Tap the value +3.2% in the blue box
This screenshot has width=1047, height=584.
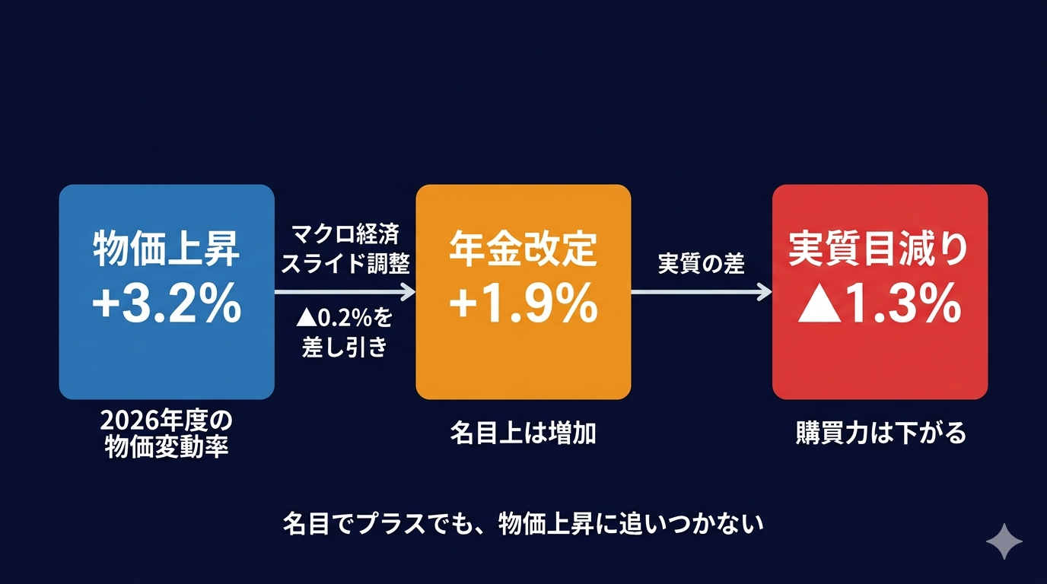pyautogui.click(x=166, y=306)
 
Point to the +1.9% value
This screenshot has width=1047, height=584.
pyautogui.click(x=523, y=306)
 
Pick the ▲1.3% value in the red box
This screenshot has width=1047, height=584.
pyautogui.click(x=879, y=306)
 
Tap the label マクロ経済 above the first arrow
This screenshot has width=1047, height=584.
pyautogui.click(x=345, y=233)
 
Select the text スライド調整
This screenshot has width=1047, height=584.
pyautogui.click(x=345, y=264)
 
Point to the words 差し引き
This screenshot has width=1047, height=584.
pyautogui.click(x=345, y=348)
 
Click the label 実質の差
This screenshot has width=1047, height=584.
pyautogui.click(x=701, y=264)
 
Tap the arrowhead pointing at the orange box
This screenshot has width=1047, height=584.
pyautogui.click(x=409, y=292)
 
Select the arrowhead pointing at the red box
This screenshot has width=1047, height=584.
pyautogui.click(x=765, y=292)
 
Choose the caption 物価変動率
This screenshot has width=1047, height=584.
pyautogui.click(x=166, y=447)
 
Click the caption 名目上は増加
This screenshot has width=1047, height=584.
pyautogui.click(x=523, y=433)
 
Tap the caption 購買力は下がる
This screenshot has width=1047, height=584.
pyautogui.click(x=880, y=433)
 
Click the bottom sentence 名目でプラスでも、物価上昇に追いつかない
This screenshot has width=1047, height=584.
pyautogui.click(x=523, y=524)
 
